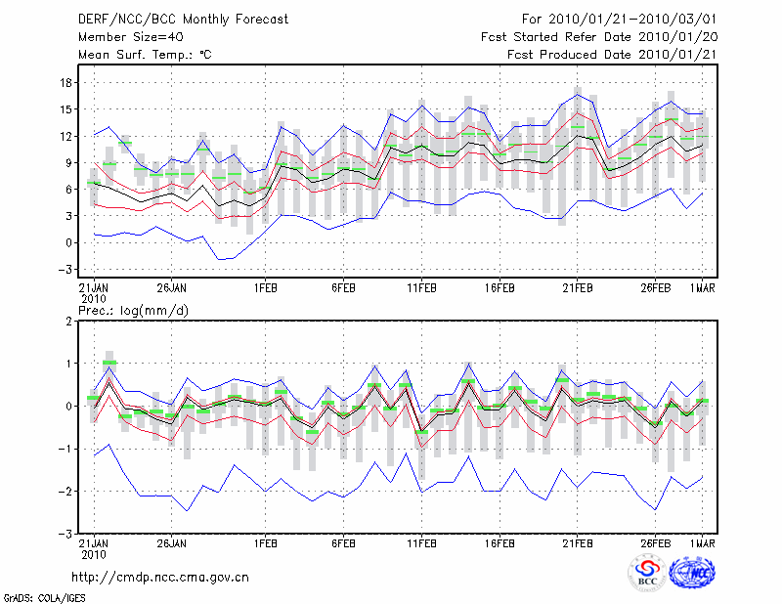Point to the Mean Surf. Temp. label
[145, 55]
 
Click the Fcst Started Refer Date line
[600, 36]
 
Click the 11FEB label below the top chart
[421, 287]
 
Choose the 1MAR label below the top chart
[702, 287]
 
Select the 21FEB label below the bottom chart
[578, 543]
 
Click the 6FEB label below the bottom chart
[343, 543]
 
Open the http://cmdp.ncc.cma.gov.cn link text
[160, 578]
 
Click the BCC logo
[647, 576]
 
